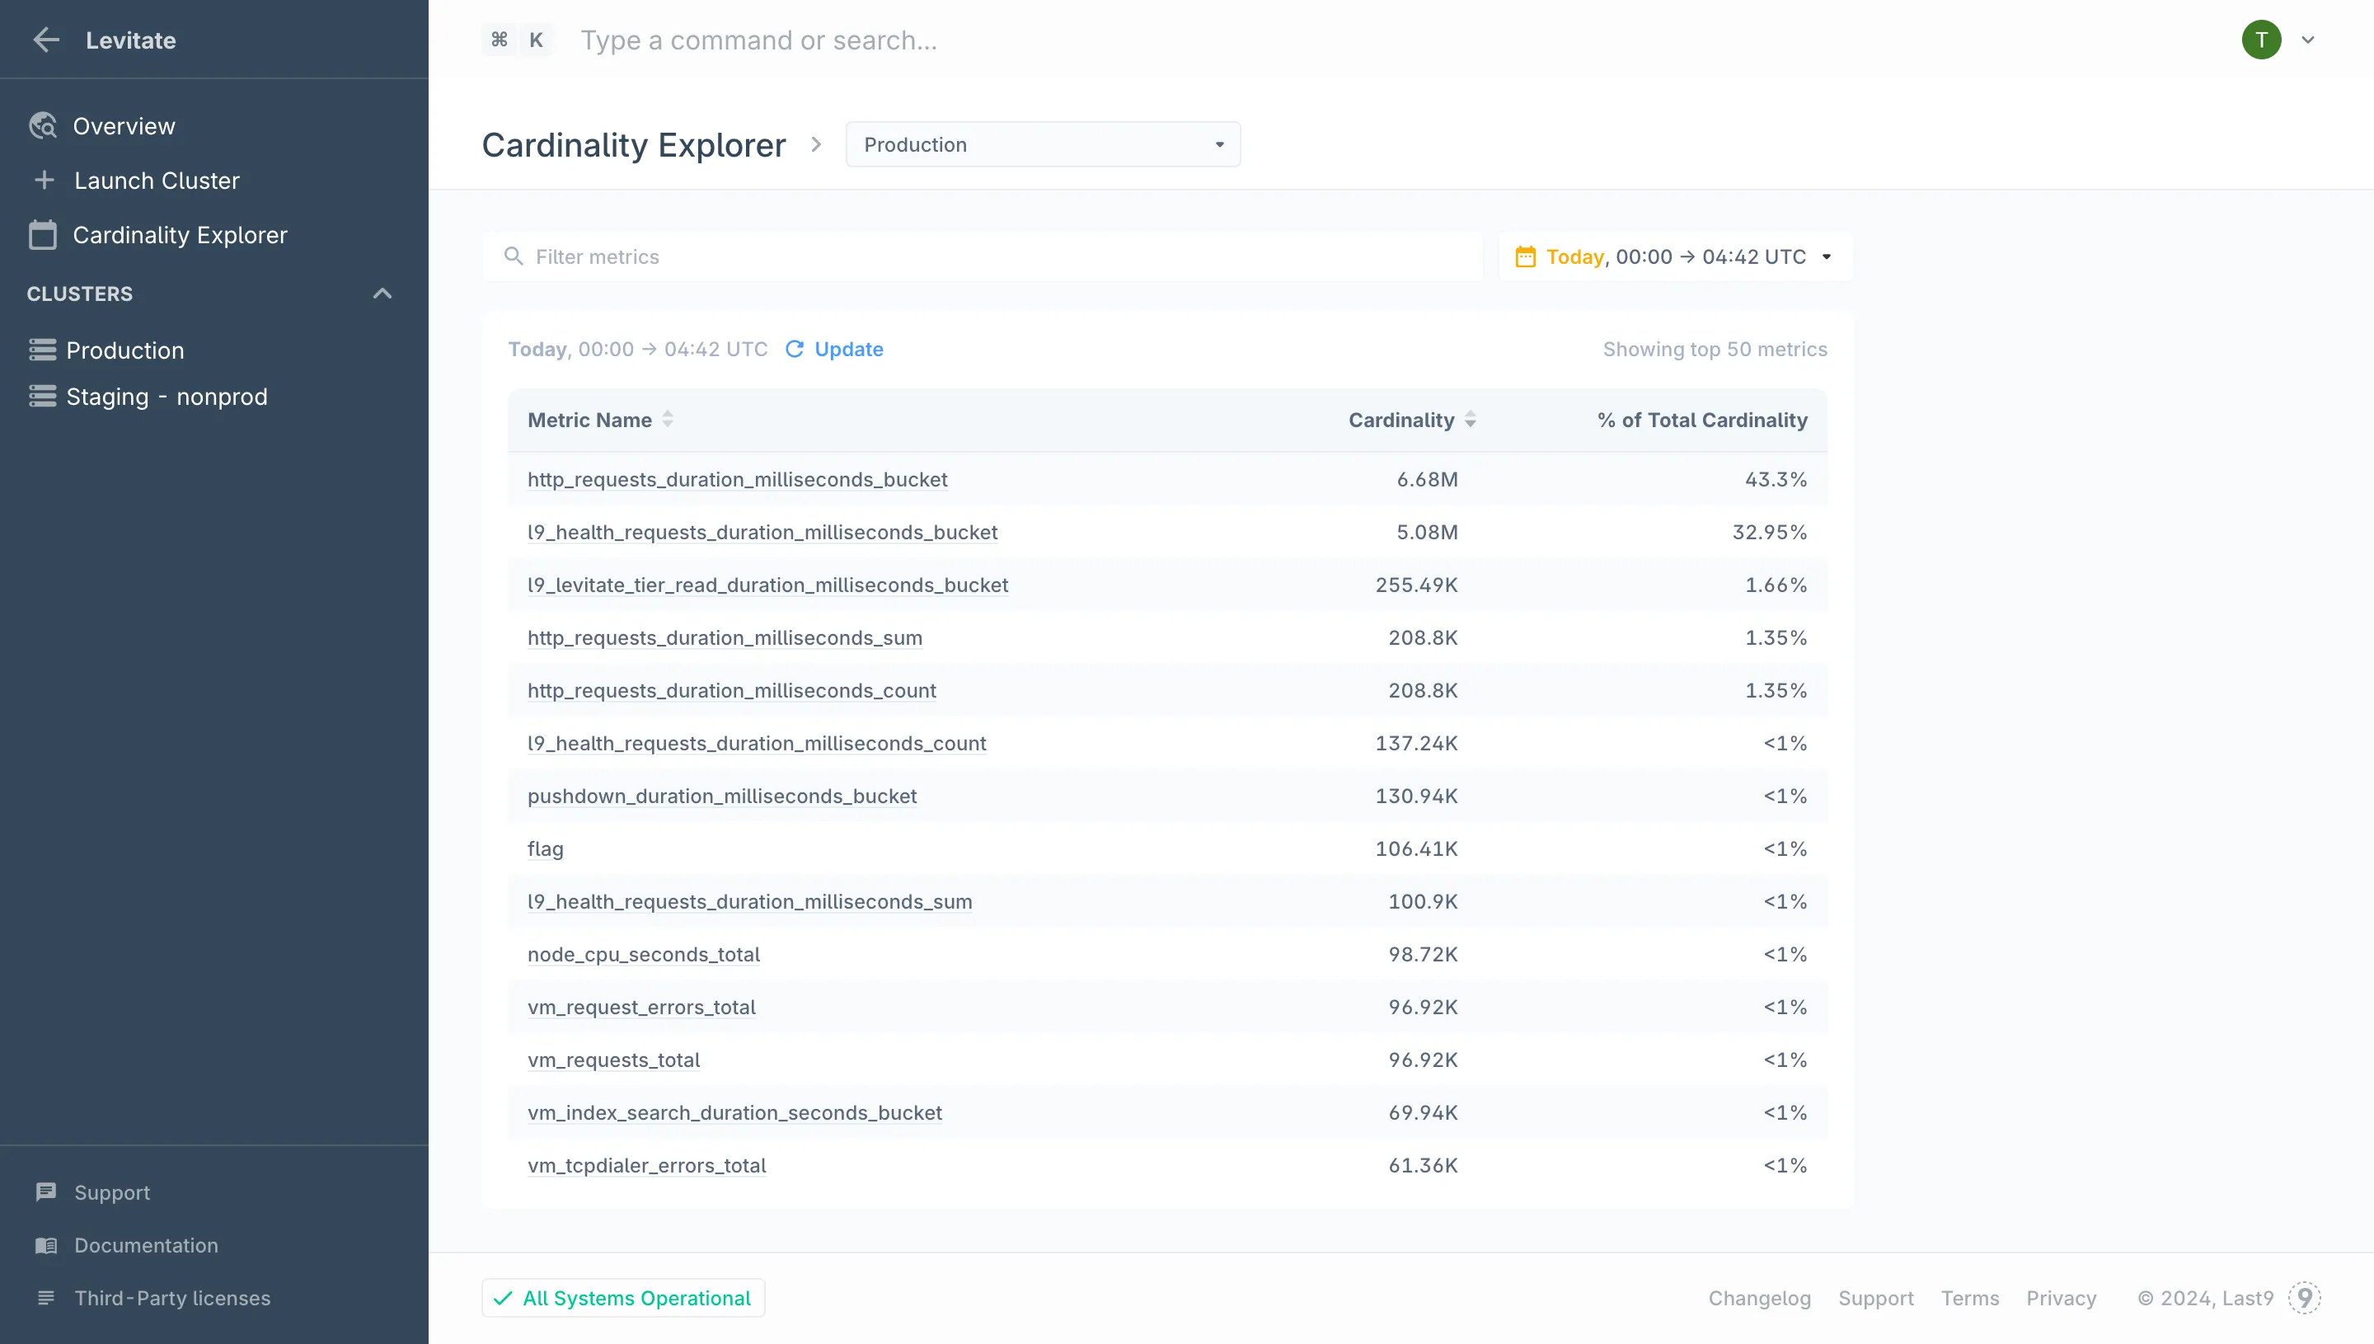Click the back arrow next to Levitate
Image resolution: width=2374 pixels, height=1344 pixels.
click(46, 40)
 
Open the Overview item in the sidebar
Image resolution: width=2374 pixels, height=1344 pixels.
click(124, 125)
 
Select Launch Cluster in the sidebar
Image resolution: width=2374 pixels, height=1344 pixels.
click(156, 180)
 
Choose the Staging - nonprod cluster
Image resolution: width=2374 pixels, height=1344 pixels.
click(166, 397)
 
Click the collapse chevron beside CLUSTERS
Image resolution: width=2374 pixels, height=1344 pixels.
click(382, 294)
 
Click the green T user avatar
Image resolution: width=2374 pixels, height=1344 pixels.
click(2260, 40)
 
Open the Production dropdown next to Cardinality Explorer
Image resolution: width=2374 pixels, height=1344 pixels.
click(1043, 145)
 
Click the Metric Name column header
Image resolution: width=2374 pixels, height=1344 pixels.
click(589, 420)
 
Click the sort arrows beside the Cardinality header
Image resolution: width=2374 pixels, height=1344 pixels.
click(1471, 420)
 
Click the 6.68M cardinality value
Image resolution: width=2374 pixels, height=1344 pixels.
click(1426, 480)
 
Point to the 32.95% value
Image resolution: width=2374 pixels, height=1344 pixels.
click(1769, 533)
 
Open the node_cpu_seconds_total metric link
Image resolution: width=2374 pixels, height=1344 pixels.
click(643, 955)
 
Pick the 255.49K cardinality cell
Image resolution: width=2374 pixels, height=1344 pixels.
click(1416, 585)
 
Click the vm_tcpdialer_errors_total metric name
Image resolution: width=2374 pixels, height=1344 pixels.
click(647, 1166)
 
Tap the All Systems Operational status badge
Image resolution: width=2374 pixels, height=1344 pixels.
click(624, 1298)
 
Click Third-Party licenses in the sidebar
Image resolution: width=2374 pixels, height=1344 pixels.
click(172, 1298)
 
